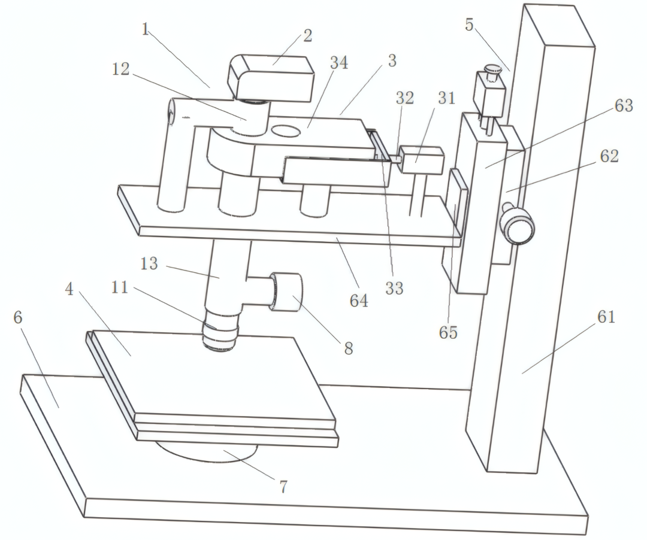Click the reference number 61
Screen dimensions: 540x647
point(606,317)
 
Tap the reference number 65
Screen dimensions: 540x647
point(448,332)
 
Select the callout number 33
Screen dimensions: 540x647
point(394,288)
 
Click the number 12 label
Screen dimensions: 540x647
point(120,69)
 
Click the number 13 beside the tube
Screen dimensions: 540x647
point(149,264)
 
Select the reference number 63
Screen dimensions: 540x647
point(624,105)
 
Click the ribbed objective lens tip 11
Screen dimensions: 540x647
point(220,336)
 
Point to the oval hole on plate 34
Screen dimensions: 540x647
point(285,130)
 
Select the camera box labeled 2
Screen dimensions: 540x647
point(274,77)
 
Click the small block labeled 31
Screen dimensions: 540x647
point(422,160)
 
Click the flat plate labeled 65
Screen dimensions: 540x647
point(458,204)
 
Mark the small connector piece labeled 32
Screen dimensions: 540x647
point(395,159)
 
